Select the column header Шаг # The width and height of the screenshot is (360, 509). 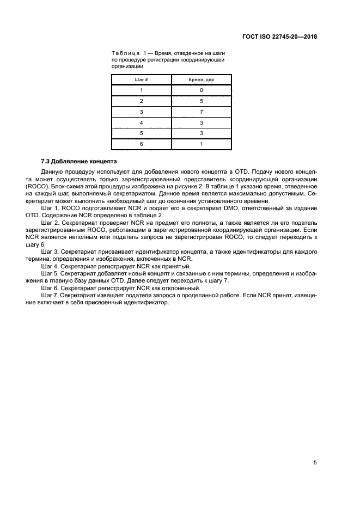pyautogui.click(x=141, y=79)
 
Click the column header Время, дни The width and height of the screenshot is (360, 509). pyautogui.click(x=201, y=79)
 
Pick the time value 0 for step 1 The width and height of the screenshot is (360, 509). pyautogui.click(x=201, y=90)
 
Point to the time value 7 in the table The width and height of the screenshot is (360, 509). pyautogui.click(x=201, y=112)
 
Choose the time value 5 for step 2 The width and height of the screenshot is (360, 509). pyautogui.click(x=201, y=101)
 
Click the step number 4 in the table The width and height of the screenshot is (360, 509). pyautogui.click(x=141, y=122)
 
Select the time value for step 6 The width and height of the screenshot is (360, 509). pyautogui.click(x=201, y=144)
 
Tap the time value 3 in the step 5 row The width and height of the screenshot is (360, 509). pyautogui.click(x=201, y=133)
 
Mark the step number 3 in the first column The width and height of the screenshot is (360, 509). pyautogui.click(x=141, y=112)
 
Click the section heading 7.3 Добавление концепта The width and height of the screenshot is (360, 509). pyautogui.click(x=78, y=162)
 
